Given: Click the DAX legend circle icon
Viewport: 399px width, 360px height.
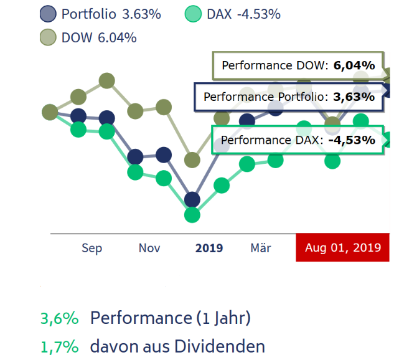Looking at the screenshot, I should [x=194, y=14].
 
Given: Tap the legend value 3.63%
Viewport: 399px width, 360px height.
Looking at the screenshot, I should [x=141, y=14].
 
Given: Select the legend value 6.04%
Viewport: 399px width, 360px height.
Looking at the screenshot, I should [x=117, y=37].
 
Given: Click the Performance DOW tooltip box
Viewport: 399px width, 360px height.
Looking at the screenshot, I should [x=298, y=65].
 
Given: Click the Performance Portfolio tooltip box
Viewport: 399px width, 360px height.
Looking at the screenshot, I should [x=289, y=97].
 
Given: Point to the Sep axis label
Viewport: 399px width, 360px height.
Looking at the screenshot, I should [x=92, y=248].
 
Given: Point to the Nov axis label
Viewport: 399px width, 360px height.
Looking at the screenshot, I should [x=149, y=248].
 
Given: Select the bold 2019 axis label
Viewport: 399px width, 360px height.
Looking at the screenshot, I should [x=209, y=248].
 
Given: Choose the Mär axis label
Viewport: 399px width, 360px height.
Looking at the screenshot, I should [x=261, y=248].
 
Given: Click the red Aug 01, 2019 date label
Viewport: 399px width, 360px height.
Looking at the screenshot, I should [x=342, y=248].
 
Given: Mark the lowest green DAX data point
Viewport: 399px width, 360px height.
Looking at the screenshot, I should [x=192, y=215].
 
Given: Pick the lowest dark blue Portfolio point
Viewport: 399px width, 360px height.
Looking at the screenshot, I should [x=192, y=199].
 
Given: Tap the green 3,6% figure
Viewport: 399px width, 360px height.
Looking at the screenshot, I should [x=60, y=318].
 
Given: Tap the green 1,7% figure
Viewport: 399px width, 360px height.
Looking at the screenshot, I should [x=60, y=346].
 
